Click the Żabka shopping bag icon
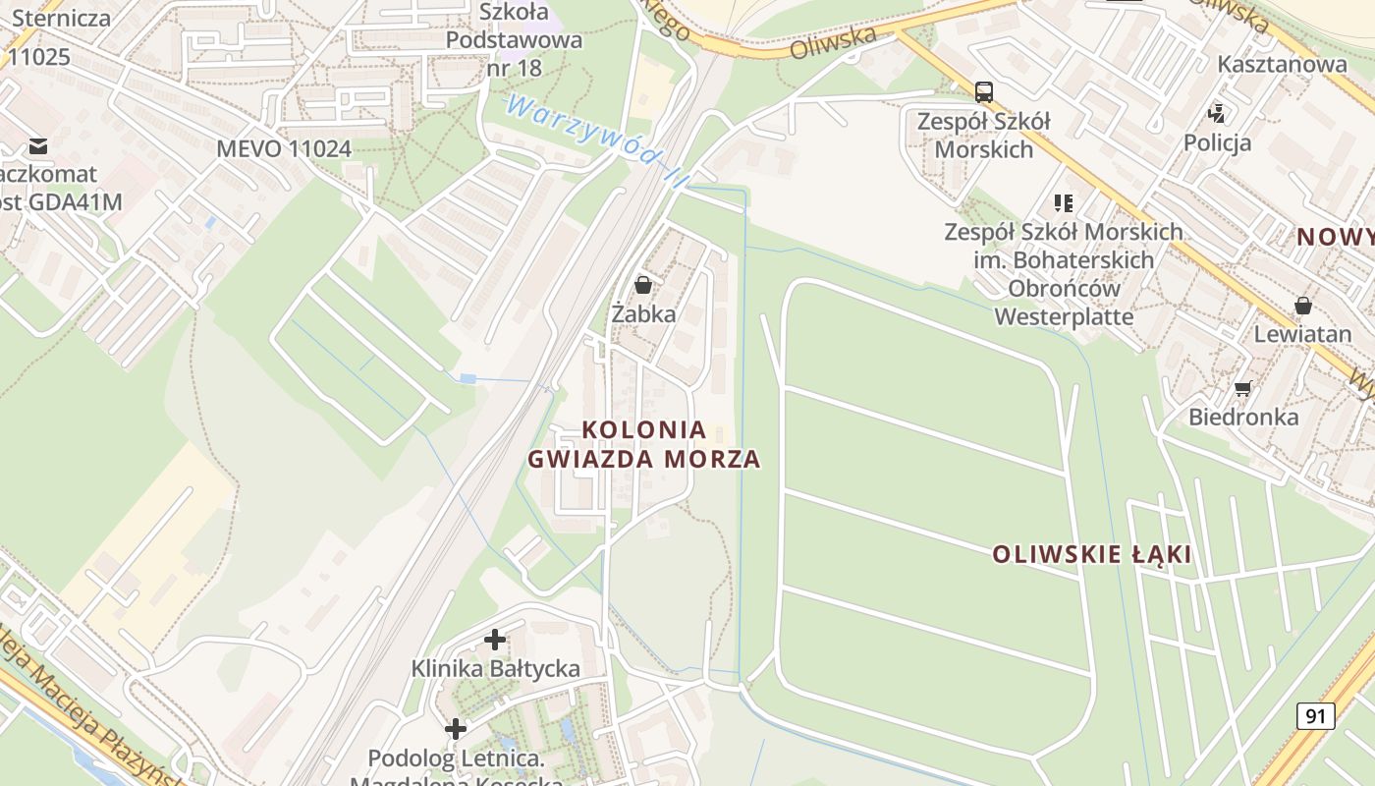pyautogui.click(x=643, y=285)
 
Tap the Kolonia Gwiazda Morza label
pyautogui.click(x=644, y=444)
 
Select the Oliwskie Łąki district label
pyautogui.click(x=1091, y=554)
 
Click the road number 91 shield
pyautogui.click(x=1315, y=716)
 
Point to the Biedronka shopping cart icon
pyautogui.click(x=1242, y=388)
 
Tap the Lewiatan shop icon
pyautogui.click(x=1302, y=306)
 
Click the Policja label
pyautogui.click(x=1217, y=142)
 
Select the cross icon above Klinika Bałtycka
pyautogui.click(x=495, y=641)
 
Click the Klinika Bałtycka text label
pyautogui.click(x=495, y=669)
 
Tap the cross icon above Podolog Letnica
pyautogui.click(x=455, y=729)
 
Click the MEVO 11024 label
pyautogui.click(x=284, y=149)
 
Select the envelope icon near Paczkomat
pyautogui.click(x=38, y=146)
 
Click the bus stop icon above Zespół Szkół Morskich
pyautogui.click(x=983, y=92)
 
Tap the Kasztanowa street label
pyautogui.click(x=1282, y=65)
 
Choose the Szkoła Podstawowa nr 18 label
pyautogui.click(x=514, y=40)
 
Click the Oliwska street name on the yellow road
pyautogui.click(x=832, y=42)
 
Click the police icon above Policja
pyautogui.click(x=1217, y=113)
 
